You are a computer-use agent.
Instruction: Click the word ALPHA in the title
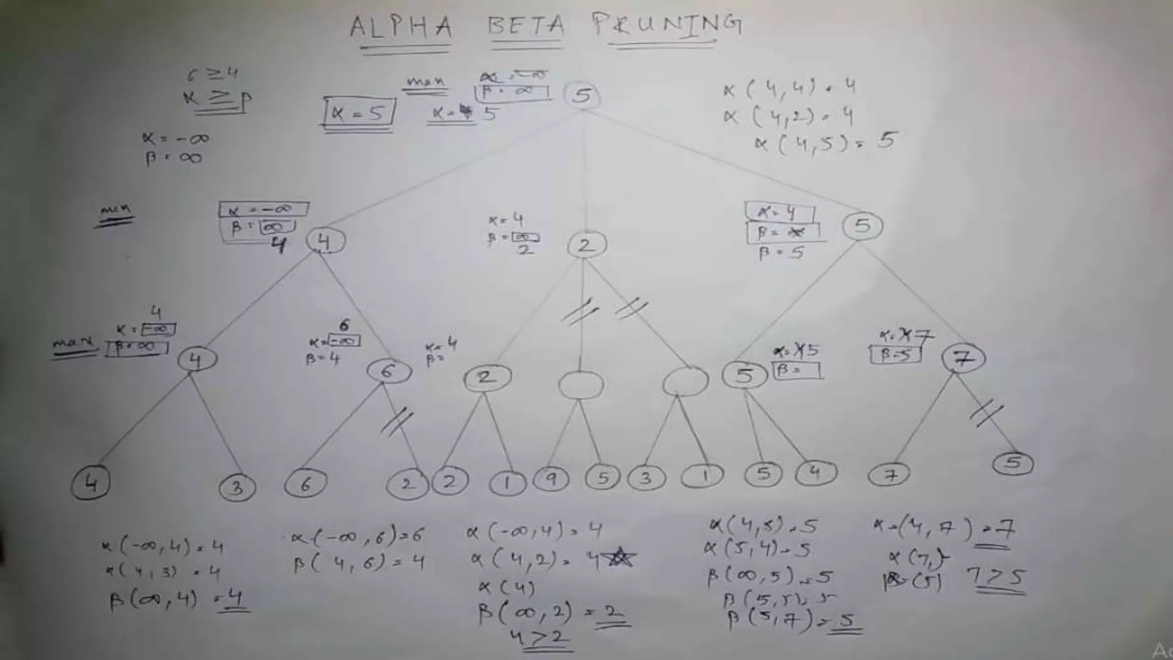click(401, 27)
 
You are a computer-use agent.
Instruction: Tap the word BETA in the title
click(526, 26)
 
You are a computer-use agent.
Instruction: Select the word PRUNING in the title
click(667, 26)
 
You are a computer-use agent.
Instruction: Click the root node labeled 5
click(582, 95)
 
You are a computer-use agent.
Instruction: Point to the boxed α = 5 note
click(359, 113)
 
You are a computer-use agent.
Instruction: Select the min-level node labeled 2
click(586, 245)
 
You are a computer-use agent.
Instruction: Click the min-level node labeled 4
click(325, 241)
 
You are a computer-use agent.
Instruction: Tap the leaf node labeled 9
click(551, 478)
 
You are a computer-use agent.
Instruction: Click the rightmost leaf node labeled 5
click(1013, 463)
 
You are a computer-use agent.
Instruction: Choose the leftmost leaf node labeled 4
click(90, 484)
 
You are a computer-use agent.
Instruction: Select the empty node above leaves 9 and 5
click(581, 384)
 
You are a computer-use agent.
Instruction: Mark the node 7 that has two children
click(963, 359)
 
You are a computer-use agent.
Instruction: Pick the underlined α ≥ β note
click(218, 100)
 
